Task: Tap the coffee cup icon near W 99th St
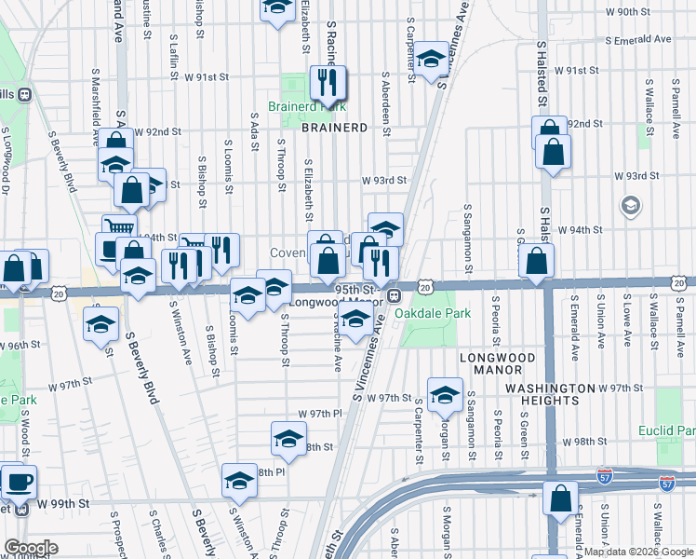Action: tap(19, 482)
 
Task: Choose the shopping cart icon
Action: tap(119, 227)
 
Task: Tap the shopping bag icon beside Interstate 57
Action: tap(562, 498)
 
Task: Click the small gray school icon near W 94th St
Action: tap(630, 205)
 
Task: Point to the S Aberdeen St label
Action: tap(385, 99)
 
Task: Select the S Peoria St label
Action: tap(499, 322)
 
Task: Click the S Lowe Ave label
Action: tap(628, 323)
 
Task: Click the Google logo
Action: tap(31, 548)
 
